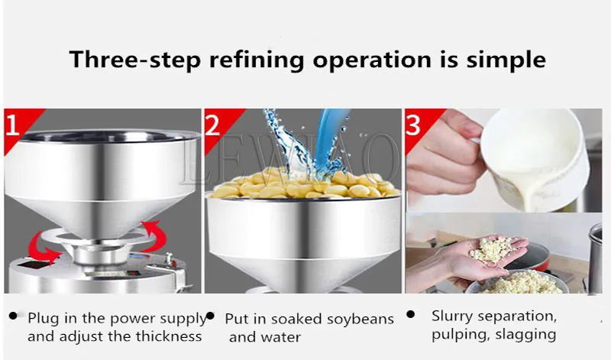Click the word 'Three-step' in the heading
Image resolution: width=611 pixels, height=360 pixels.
[x=135, y=60]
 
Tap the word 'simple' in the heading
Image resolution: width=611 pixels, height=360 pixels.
[x=506, y=60]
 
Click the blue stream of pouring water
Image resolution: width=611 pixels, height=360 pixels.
[x=329, y=137]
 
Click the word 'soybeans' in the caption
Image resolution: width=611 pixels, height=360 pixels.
[x=360, y=319]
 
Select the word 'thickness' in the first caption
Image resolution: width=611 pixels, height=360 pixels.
[x=169, y=336]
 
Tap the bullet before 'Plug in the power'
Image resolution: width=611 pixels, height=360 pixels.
[x=14, y=316]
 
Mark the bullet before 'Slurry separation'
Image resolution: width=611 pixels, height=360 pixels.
[x=410, y=314]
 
